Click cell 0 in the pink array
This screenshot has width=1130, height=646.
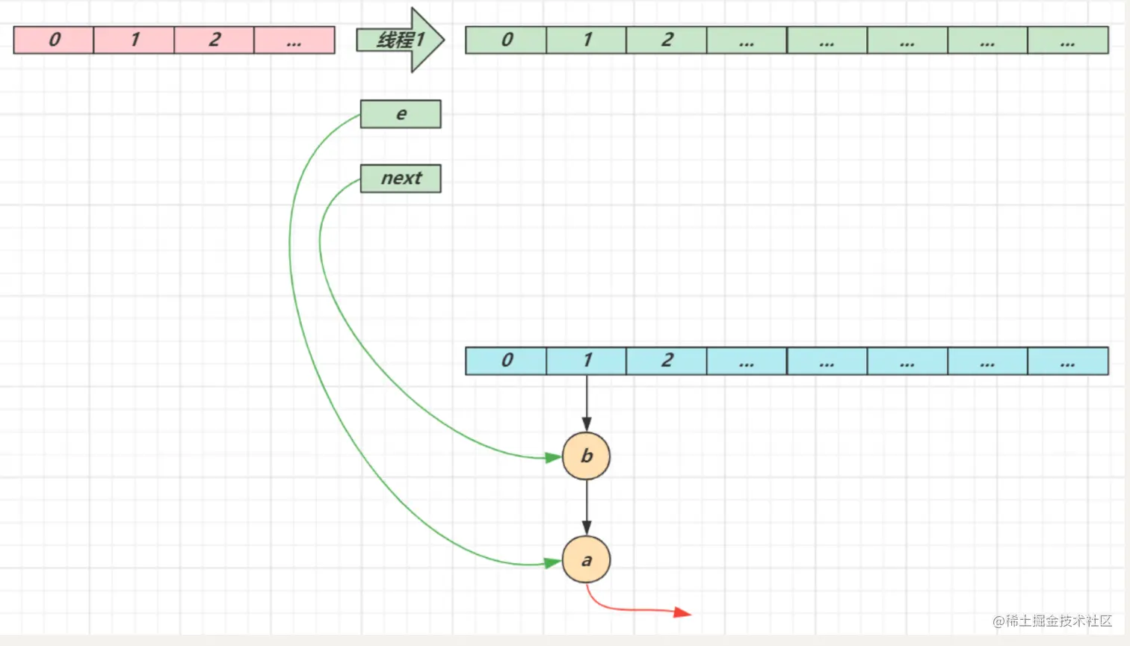click(54, 40)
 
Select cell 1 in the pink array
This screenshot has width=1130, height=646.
click(135, 40)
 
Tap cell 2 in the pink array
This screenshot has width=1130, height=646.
click(214, 40)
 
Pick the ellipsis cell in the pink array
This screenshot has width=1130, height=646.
click(294, 40)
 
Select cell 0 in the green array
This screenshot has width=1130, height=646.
click(507, 40)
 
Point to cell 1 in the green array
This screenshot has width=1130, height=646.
click(587, 40)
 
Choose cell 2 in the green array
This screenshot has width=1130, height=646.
click(667, 40)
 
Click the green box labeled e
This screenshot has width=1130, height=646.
click(401, 114)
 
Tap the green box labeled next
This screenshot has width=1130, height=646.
click(401, 178)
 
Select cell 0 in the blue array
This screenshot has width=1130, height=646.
click(507, 361)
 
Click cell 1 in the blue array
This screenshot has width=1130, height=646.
click(587, 361)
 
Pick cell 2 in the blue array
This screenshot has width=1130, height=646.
click(667, 361)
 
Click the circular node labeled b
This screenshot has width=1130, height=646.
click(587, 456)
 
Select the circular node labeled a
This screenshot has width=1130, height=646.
click(587, 560)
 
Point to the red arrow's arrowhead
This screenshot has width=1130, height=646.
click(682, 612)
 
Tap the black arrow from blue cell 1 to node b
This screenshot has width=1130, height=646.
click(587, 403)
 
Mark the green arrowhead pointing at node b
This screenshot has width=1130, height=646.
click(554, 457)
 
